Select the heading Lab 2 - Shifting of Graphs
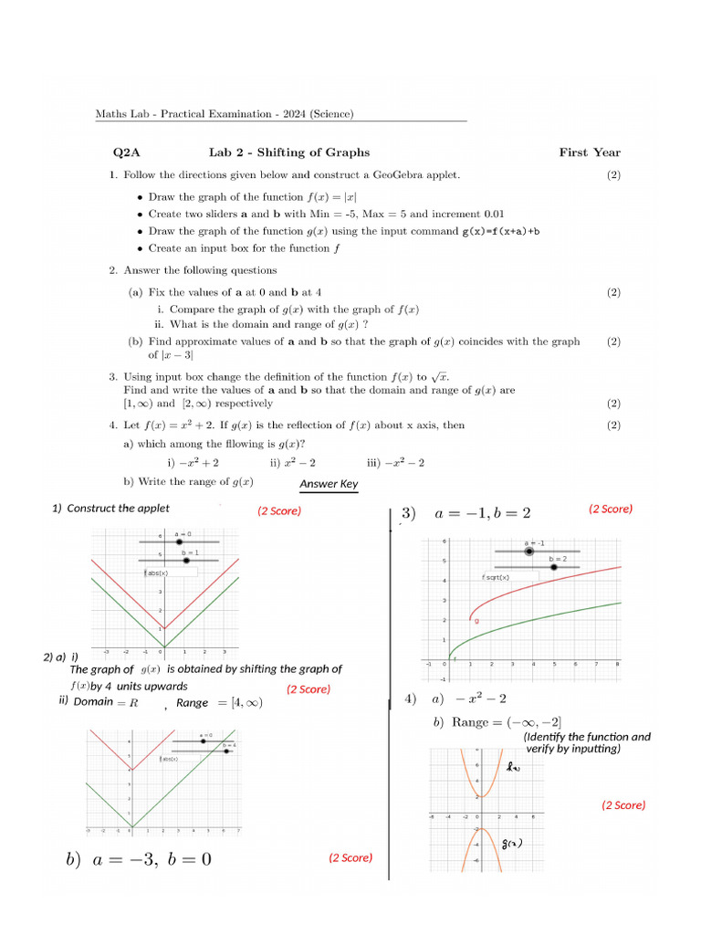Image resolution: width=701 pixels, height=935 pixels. pos(289,152)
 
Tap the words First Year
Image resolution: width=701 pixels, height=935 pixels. pos(590,152)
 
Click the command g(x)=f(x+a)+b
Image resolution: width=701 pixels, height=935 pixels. pos(501,231)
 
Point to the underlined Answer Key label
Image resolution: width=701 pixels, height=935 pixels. pos(329,484)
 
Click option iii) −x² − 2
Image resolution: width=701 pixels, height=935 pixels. pos(395,463)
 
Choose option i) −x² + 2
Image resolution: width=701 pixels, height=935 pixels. pos(193,463)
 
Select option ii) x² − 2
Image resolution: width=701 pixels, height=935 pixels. pos(293,463)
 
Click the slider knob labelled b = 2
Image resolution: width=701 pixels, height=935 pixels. pos(554,567)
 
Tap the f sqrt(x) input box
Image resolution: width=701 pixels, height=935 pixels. pos(497,577)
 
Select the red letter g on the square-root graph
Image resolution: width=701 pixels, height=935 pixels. pos(476,621)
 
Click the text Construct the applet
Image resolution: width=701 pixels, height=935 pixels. pos(118,509)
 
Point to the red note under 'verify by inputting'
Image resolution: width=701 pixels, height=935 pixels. pos(623,805)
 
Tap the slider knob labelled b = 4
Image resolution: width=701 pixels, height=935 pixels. pos(226,751)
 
